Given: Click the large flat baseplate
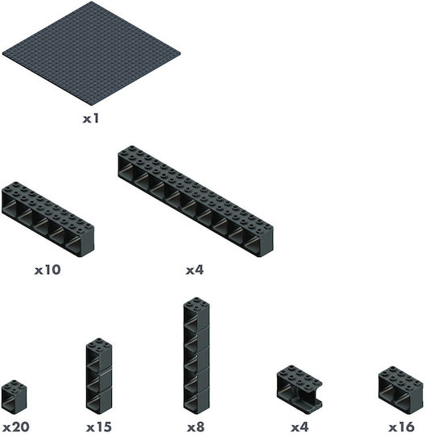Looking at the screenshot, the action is pyautogui.click(x=92, y=53).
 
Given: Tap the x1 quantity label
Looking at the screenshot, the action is pyautogui.click(x=91, y=118).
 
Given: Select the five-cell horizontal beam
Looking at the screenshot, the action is pyautogui.click(x=48, y=219).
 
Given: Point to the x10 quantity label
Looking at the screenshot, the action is pyautogui.click(x=48, y=270).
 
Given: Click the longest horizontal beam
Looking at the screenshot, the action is pyautogui.click(x=196, y=201).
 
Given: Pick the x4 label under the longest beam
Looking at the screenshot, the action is pyautogui.click(x=195, y=270).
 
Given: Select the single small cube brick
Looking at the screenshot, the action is pyautogui.click(x=14, y=396).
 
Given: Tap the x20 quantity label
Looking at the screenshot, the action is pyautogui.click(x=15, y=427).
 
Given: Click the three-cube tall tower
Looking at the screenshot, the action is pyautogui.click(x=99, y=376).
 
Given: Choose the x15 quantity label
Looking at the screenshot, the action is pyautogui.click(x=99, y=427).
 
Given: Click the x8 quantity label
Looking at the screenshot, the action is pyautogui.click(x=196, y=427).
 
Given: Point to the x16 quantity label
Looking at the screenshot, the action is pyautogui.click(x=401, y=427).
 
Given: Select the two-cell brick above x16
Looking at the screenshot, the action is pyautogui.click(x=401, y=390).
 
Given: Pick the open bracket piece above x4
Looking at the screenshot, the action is pyautogui.click(x=300, y=387).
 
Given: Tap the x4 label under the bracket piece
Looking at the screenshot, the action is pyautogui.click(x=300, y=427).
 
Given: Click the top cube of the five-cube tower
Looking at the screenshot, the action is pyautogui.click(x=196, y=313).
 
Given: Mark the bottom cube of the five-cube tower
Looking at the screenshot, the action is pyautogui.click(x=196, y=401).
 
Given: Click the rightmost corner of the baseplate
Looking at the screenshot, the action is pyautogui.click(x=180, y=53).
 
